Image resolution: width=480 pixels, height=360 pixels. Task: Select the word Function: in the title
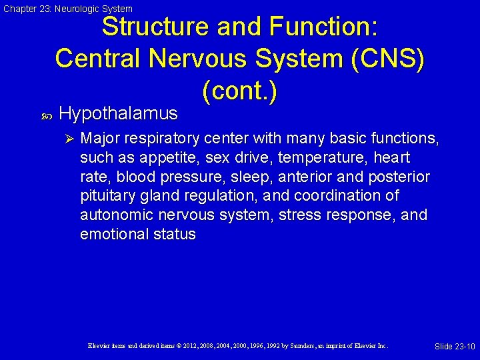(x=324, y=28)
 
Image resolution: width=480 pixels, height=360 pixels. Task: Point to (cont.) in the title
(x=239, y=90)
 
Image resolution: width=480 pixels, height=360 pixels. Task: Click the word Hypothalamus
(x=118, y=114)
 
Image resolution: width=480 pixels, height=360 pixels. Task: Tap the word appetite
(x=157, y=158)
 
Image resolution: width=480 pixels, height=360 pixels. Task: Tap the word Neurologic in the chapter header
(x=73, y=9)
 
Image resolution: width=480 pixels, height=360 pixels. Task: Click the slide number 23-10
(x=464, y=347)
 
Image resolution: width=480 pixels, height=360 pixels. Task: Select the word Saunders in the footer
(x=297, y=346)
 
